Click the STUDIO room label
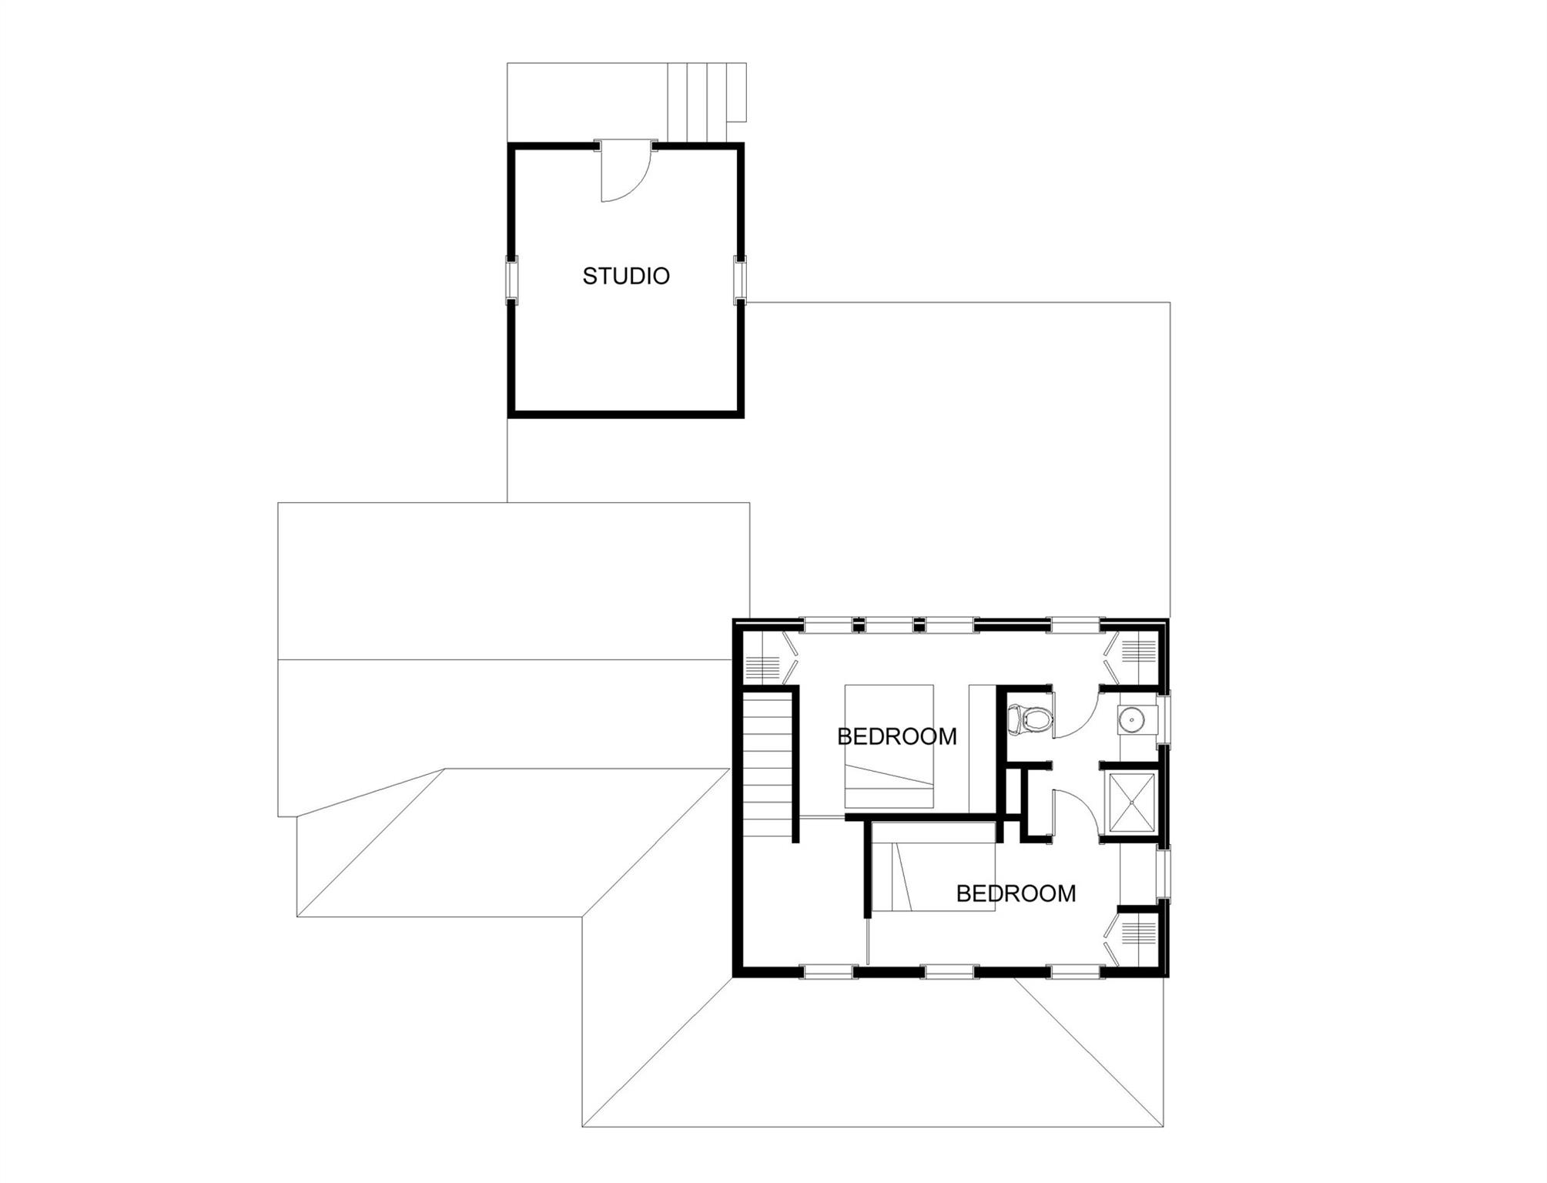(x=625, y=276)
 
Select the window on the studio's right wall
(x=740, y=278)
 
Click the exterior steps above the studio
(x=705, y=102)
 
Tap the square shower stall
(x=1131, y=803)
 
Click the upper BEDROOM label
(x=896, y=736)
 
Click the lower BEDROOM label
(x=1016, y=893)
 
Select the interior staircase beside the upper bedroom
(x=767, y=764)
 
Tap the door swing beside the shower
(x=1074, y=812)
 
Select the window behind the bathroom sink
(x=1164, y=720)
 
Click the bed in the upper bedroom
(x=889, y=746)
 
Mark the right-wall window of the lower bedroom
(x=1164, y=873)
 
